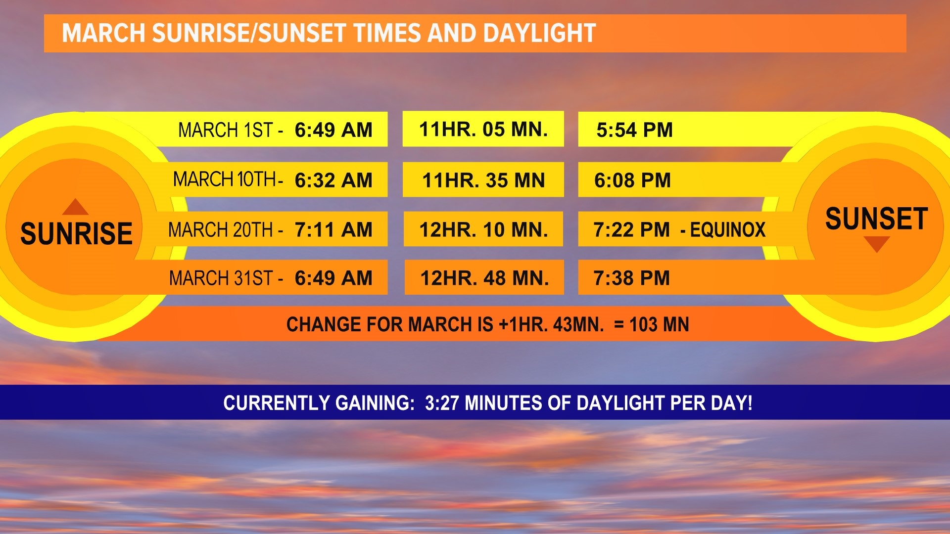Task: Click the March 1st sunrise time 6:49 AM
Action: pyautogui.click(x=333, y=130)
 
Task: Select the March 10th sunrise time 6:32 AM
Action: pyautogui.click(x=333, y=180)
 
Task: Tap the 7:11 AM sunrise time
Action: pyautogui.click(x=333, y=230)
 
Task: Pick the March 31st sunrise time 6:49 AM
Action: pyautogui.click(x=333, y=278)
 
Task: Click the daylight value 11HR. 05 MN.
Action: pyautogui.click(x=483, y=130)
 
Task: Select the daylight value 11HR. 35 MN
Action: pyautogui.click(x=483, y=180)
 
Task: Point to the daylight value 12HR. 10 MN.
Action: pyautogui.click(x=483, y=230)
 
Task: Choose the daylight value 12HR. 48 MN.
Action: pyautogui.click(x=484, y=278)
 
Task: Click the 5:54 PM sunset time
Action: pyautogui.click(x=634, y=130)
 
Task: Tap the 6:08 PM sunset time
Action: pyautogui.click(x=632, y=180)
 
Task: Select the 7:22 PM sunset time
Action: pyautogui.click(x=631, y=230)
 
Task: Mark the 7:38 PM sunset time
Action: pyautogui.click(x=631, y=278)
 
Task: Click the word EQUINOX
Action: pyautogui.click(x=727, y=230)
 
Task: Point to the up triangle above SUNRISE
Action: pyautogui.click(x=75, y=207)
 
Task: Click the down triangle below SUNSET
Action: pyautogui.click(x=876, y=244)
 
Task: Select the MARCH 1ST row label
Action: pyautogui.click(x=225, y=130)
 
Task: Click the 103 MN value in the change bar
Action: pyautogui.click(x=659, y=325)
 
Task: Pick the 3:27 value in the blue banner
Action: pyautogui.click(x=442, y=403)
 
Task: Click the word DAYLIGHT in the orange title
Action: pyautogui.click(x=539, y=34)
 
